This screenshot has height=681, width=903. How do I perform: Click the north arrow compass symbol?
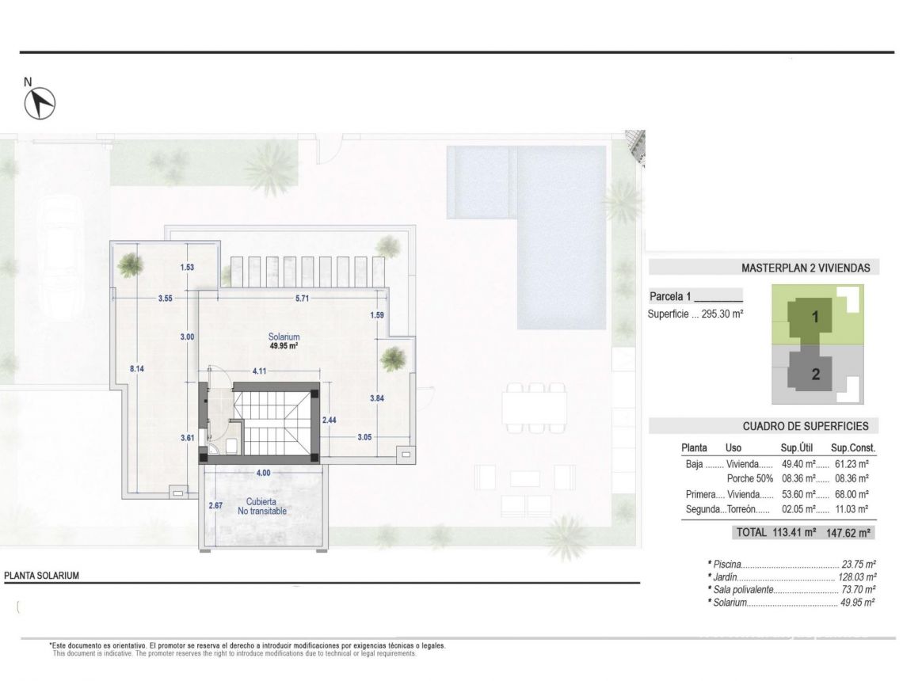tap(40, 103)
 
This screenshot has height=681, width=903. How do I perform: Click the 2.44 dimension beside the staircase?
tap(330, 420)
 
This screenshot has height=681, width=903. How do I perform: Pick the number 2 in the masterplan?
tap(816, 375)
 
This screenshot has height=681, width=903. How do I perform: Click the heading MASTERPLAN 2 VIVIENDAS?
tap(805, 268)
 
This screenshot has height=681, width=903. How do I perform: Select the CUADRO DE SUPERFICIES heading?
tap(805, 426)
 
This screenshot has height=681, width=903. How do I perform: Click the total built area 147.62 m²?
tap(850, 533)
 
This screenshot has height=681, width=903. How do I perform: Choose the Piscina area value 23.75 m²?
tap(859, 565)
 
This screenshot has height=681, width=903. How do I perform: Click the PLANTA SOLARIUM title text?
tap(42, 576)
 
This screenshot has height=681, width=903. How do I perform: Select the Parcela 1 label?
tap(670, 297)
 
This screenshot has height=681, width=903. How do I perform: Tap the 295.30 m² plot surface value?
tap(722, 314)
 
